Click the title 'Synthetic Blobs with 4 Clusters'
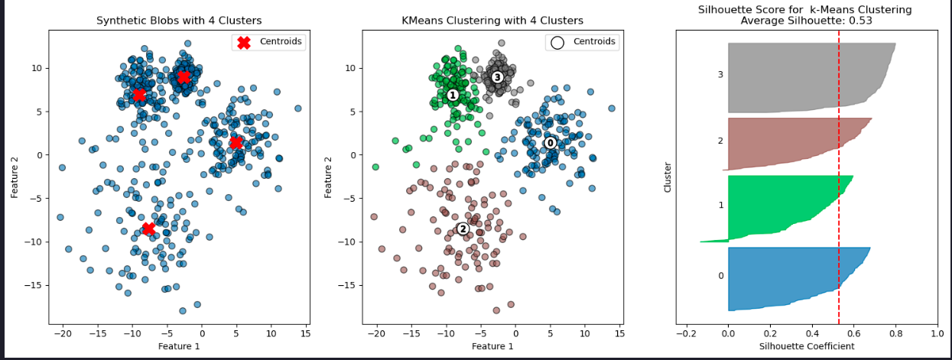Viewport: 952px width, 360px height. tap(179, 21)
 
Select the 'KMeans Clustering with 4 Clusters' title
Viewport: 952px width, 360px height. tap(492, 21)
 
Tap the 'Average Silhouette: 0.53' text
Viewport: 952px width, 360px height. tap(805, 21)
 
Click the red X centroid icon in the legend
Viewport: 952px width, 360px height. tap(243, 42)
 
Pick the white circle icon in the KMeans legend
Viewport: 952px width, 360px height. tap(557, 42)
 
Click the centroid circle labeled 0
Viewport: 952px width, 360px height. tap(550, 143)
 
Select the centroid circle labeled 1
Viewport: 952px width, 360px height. tap(452, 95)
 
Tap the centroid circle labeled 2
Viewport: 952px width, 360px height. tap(462, 229)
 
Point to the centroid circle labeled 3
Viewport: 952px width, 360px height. tap(497, 77)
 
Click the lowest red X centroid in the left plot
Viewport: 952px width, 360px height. tap(148, 229)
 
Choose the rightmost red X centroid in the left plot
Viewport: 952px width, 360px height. tap(236, 143)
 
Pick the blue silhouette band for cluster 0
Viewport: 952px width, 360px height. tap(788, 278)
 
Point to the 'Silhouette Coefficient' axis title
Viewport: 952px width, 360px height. tap(807, 346)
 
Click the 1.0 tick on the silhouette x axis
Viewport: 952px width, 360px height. tap(937, 333)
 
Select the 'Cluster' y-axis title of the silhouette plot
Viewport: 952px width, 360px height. tap(668, 176)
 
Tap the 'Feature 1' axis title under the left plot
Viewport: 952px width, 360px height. tap(179, 346)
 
